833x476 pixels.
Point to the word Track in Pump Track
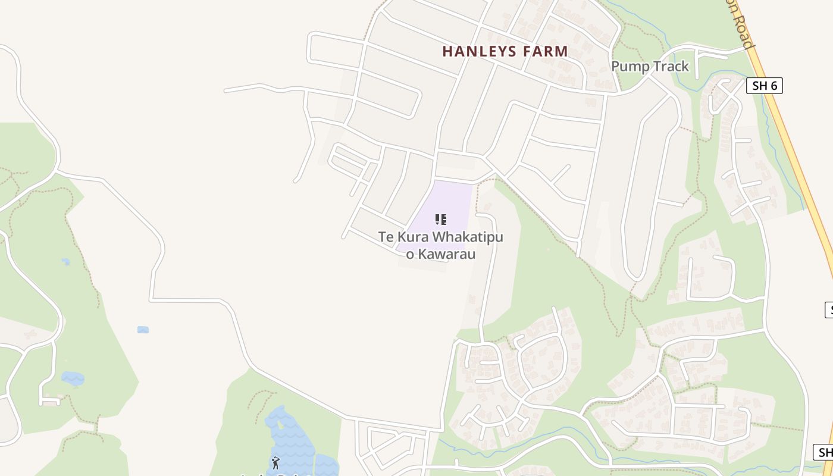[670, 66]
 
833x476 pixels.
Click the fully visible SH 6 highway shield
[764, 86]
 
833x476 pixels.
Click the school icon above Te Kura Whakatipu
[440, 220]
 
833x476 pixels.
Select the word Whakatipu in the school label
[468, 237]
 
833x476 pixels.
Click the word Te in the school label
[386, 237]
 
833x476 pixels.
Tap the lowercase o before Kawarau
[409, 255]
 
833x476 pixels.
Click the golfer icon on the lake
[275, 462]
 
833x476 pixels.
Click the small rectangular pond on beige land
[143, 330]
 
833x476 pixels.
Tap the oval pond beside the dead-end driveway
[73, 378]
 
